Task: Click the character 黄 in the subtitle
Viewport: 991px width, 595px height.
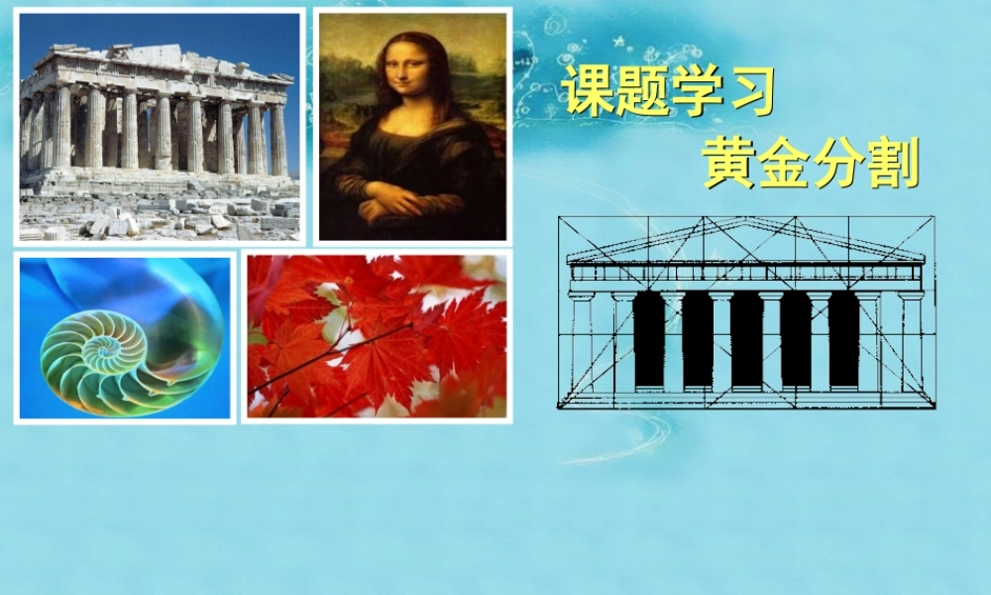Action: [730, 164]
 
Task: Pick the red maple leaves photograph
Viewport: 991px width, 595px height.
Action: [377, 336]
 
